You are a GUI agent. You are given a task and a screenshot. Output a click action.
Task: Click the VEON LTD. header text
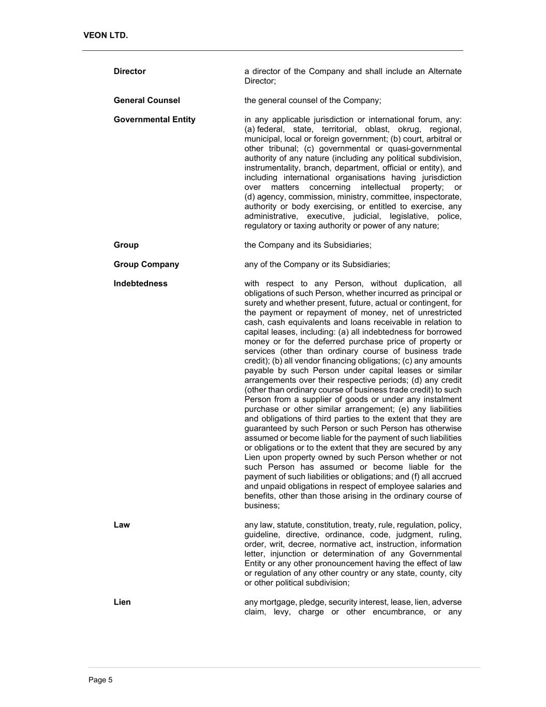pyautogui.click(x=106, y=35)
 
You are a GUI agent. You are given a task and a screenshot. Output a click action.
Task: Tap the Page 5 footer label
pyautogui.click(x=100, y=680)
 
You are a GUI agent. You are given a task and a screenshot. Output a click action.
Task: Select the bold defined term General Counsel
pyautogui.click(x=147, y=100)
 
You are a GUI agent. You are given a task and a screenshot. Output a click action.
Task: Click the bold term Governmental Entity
pyautogui.click(x=155, y=120)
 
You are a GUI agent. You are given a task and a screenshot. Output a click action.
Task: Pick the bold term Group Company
pyautogui.click(x=146, y=264)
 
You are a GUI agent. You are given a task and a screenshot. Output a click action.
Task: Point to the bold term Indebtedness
pyautogui.click(x=141, y=283)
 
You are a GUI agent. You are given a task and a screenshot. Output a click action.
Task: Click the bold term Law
pyautogui.click(x=122, y=525)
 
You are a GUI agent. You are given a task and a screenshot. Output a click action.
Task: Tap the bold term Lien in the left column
pyautogui.click(x=122, y=602)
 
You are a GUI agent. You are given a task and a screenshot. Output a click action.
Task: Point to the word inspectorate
pyautogui.click(x=439, y=197)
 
